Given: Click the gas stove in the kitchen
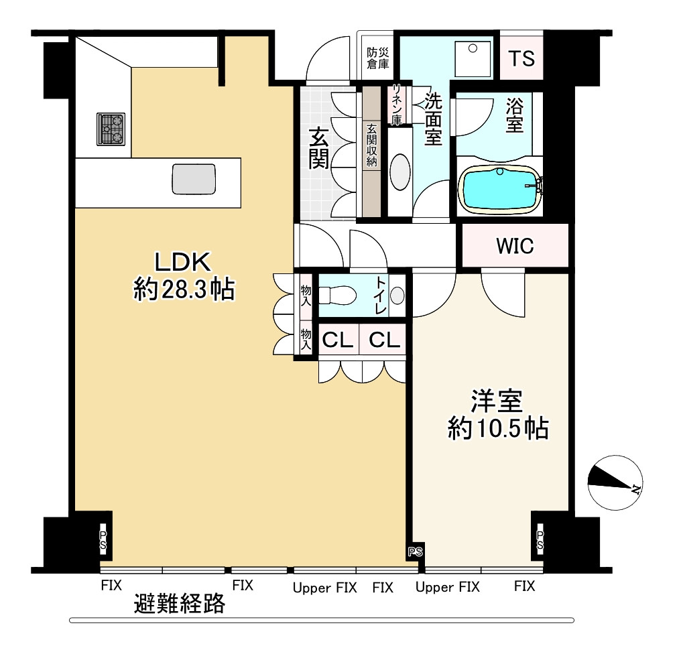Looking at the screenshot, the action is tap(111, 129).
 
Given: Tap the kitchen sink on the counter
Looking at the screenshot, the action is tap(194, 179).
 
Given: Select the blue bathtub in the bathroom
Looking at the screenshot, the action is tap(500, 190).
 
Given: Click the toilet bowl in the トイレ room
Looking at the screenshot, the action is tap(337, 296).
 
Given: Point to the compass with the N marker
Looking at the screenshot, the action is tap(615, 482).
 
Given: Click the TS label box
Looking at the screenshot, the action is tap(521, 58).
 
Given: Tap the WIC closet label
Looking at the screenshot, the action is tap(515, 246).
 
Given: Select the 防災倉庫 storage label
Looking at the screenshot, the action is tap(378, 58).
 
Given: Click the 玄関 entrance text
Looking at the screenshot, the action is tap(319, 148).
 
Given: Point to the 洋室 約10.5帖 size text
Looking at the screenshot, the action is tap(498, 414).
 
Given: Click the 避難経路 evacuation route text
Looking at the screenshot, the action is tap(180, 603).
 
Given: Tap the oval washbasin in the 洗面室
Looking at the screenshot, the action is tap(400, 172).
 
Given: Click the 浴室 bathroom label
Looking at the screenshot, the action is tap(515, 115).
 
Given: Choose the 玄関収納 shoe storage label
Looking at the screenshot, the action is tap(372, 145).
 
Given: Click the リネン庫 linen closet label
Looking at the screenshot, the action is tap(396, 105).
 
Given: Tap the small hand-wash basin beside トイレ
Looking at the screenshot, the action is tap(397, 296).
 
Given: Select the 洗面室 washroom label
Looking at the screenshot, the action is tap(433, 119).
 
